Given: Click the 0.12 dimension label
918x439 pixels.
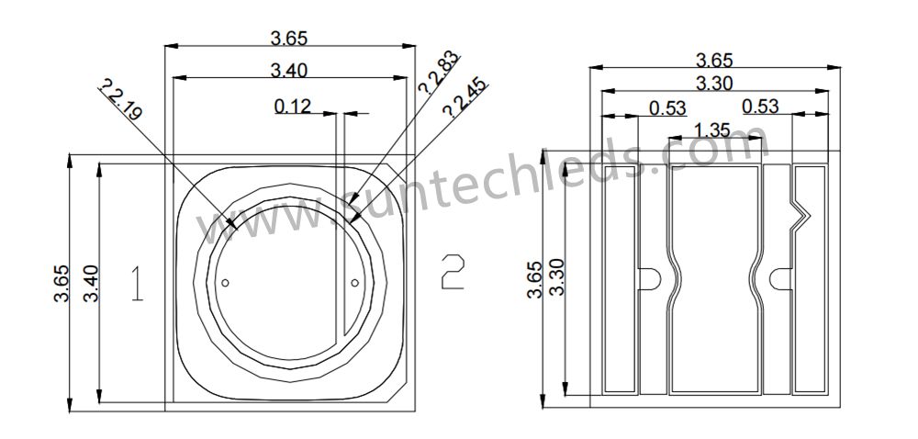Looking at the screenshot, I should pos(293,106).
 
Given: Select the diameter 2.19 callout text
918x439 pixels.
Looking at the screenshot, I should pos(120,101).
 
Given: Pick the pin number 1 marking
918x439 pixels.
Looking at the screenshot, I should pos(137,284).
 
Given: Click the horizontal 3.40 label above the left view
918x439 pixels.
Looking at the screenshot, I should pos(288,70).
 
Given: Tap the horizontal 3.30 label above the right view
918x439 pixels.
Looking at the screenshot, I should pos(714,83).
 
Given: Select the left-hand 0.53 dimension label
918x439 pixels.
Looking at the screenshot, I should pos(667,107).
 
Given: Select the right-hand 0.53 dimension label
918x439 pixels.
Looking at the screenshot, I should pos(760,107).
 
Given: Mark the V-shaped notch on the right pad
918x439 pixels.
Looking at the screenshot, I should pos(800,214).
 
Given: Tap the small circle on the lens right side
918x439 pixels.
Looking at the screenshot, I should pos(354,283).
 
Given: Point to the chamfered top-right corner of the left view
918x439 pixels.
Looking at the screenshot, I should pos(396,172).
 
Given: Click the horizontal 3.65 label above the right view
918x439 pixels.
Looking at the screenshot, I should pos(714,61).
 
